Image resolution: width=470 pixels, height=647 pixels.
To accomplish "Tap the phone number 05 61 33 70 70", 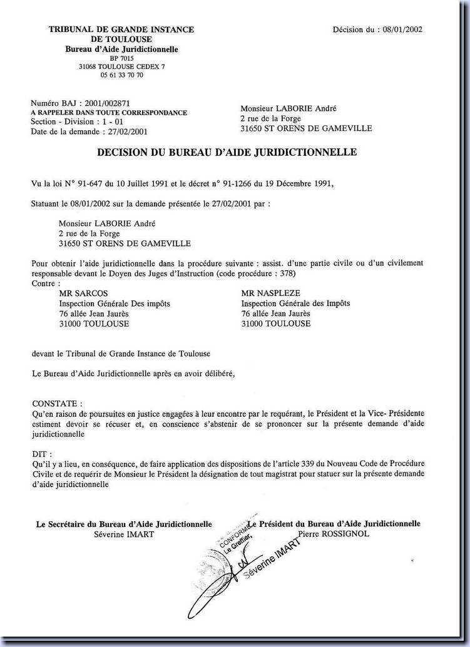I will [x=122, y=75].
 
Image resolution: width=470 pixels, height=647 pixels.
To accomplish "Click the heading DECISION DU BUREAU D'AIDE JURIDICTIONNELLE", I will [x=227, y=152].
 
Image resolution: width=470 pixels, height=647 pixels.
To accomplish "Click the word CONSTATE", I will [x=56, y=404].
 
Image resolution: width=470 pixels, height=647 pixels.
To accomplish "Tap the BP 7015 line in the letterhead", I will [x=122, y=58].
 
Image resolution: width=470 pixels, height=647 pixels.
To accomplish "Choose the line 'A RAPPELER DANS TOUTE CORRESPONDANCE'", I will [x=109, y=113].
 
